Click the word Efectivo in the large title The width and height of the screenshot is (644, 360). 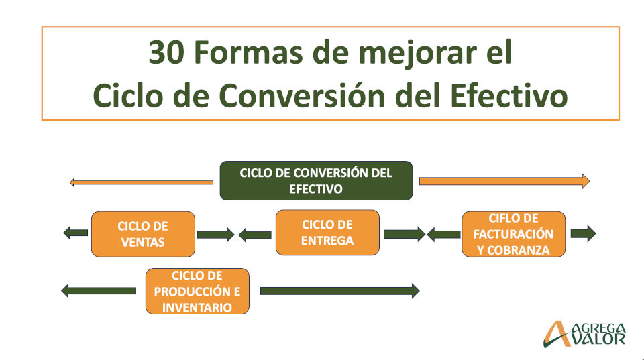coord(509,95)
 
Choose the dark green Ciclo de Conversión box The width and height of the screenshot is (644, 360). coord(316,180)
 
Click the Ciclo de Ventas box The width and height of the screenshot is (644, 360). coord(143,234)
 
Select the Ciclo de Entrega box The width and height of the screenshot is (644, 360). coord(327,233)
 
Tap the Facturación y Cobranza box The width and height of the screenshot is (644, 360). coord(513,234)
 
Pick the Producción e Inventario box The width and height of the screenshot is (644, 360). coord(197,292)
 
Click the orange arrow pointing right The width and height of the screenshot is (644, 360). coord(504,181)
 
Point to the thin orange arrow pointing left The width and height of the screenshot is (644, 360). coord(142,182)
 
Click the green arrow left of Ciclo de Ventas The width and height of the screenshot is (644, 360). coord(76,233)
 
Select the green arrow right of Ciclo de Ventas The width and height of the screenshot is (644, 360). coord(215,235)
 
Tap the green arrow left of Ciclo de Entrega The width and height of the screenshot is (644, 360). coord(255,235)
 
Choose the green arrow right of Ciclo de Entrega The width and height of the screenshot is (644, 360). coord(405,234)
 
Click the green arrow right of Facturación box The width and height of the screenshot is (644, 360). coord(583,233)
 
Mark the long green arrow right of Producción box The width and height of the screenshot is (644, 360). coord(340,291)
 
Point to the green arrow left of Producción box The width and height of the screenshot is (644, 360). coord(99,291)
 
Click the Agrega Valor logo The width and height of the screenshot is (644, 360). coord(584,334)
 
